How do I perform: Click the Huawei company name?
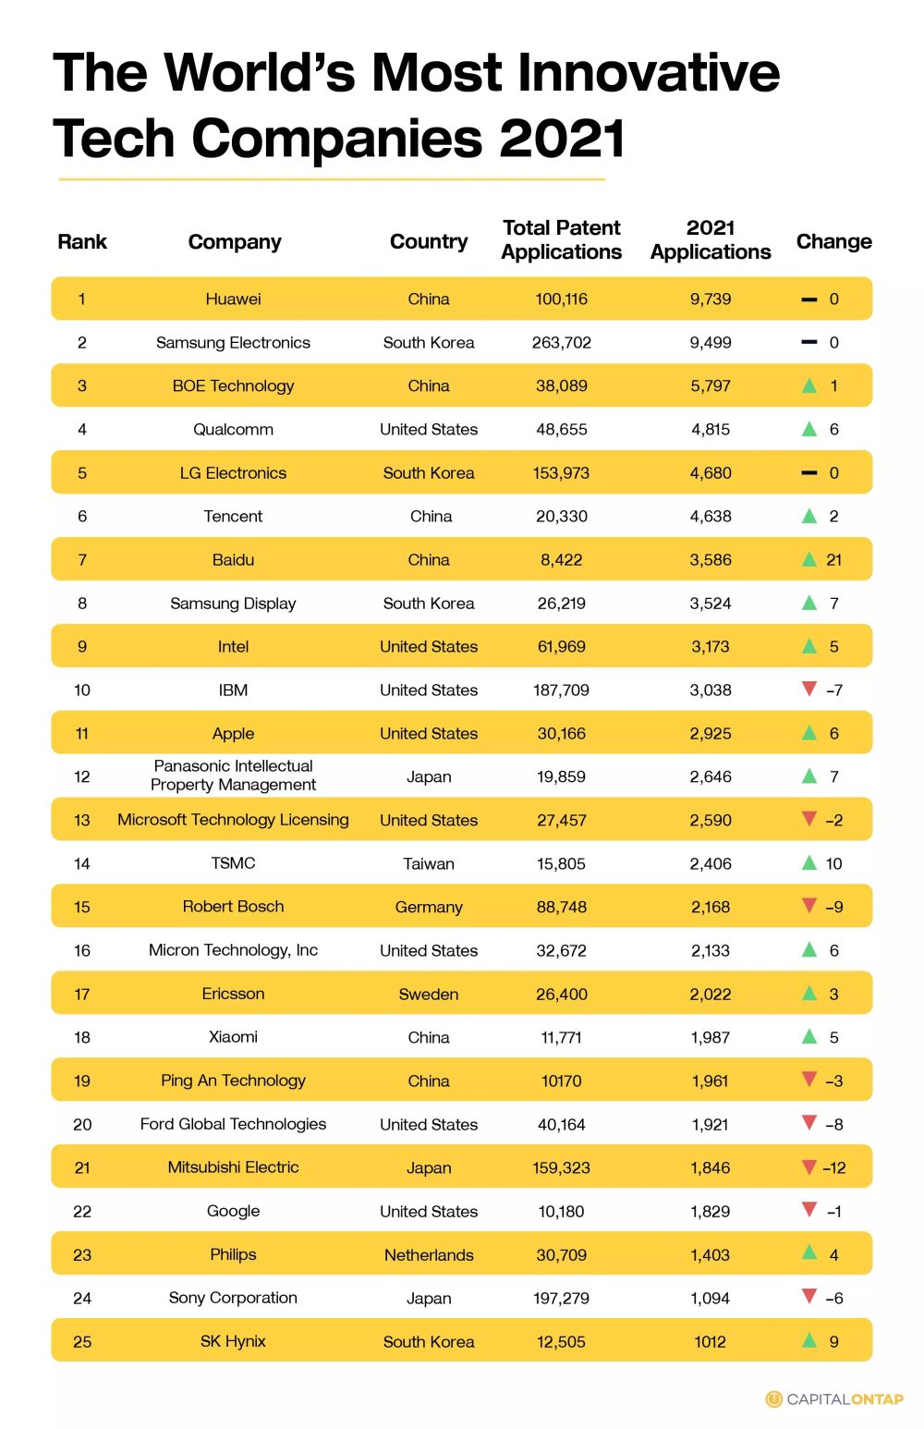233,299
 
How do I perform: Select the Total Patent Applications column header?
561,239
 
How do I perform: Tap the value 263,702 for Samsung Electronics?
561,342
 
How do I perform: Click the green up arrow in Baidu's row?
809,559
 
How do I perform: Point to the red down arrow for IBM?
809,689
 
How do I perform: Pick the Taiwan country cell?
429,863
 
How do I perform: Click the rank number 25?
82,1341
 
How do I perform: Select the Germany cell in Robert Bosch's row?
429,907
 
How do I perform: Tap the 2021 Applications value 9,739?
710,299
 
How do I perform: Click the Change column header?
833,241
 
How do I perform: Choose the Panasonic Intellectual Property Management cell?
233,776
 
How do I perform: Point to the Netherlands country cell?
429,1254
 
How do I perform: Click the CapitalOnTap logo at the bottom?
834,1398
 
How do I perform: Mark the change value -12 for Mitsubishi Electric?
834,1167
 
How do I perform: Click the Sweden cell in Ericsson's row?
429,994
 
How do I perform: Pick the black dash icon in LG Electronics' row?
809,472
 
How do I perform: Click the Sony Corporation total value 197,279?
561,1298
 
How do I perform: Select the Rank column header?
82,241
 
